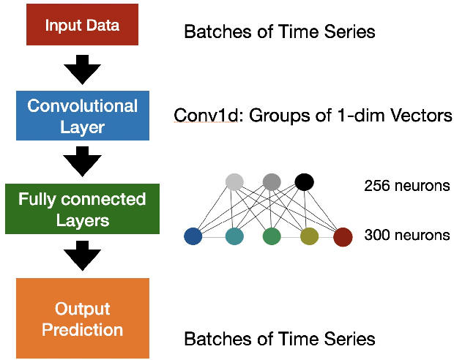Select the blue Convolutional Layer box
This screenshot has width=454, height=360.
[x=82, y=116]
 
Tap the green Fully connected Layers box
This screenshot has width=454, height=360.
[x=82, y=209]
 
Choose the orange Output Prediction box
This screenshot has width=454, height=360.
[x=82, y=318]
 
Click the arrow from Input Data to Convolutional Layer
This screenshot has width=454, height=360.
[x=82, y=71]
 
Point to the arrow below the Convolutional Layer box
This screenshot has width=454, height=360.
[x=82, y=162]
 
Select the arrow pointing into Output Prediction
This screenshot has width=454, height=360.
[x=82, y=255]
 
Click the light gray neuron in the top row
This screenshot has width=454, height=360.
[x=234, y=182]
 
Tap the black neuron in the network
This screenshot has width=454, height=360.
[x=304, y=181]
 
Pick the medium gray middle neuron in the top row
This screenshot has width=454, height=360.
[x=272, y=181]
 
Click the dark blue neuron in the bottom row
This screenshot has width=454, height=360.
[x=193, y=236]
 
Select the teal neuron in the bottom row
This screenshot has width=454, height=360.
[x=234, y=236]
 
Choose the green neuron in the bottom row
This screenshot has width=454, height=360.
[x=272, y=236]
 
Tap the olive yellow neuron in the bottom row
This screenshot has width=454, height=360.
[x=309, y=236]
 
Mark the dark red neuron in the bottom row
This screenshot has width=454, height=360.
[x=343, y=236]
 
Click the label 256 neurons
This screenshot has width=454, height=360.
[x=406, y=186]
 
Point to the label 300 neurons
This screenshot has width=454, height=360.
[x=406, y=236]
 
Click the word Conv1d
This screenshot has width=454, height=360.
[x=199, y=116]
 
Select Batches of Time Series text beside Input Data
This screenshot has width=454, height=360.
[x=279, y=32]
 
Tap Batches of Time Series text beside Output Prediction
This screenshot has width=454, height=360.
[x=279, y=339]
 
